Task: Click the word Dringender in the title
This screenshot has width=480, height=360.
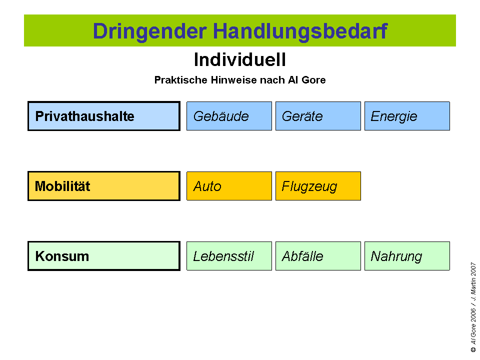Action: click(x=149, y=31)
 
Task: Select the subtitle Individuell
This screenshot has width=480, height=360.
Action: click(x=240, y=60)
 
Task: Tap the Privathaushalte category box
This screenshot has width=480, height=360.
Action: click(x=103, y=116)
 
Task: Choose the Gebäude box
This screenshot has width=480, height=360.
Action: click(x=229, y=116)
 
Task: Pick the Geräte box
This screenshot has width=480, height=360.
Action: click(x=318, y=116)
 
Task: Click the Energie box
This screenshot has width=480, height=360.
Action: click(x=407, y=116)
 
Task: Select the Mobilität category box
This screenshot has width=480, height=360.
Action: click(x=103, y=186)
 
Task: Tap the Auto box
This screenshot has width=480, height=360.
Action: click(x=229, y=186)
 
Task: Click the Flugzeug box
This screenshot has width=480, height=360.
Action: click(x=318, y=186)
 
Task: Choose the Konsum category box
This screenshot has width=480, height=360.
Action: click(x=103, y=256)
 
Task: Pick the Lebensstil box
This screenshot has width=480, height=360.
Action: click(x=229, y=256)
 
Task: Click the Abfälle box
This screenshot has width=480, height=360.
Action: click(x=318, y=256)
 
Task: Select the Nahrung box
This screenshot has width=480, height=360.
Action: click(x=407, y=256)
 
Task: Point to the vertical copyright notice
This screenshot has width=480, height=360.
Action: click(x=472, y=307)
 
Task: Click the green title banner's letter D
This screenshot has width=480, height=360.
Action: click(x=99, y=31)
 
